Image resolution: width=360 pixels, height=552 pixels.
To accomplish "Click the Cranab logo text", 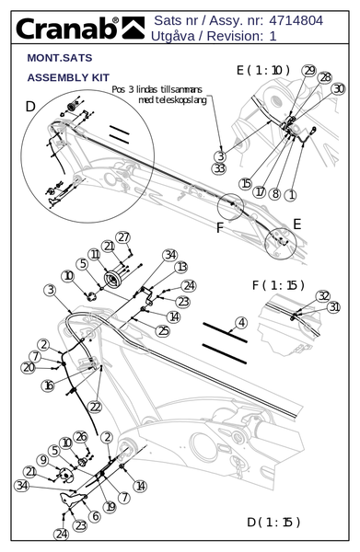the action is (67, 29).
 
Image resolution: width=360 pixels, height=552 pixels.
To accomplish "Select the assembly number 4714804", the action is (296, 20).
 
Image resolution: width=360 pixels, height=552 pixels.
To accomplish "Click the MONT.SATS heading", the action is (60, 58).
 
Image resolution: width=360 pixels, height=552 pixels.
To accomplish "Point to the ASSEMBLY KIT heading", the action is (68, 77).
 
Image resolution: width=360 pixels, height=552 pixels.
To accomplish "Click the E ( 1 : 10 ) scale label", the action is (263, 70).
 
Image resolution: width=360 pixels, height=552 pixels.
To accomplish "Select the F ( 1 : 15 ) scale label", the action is (278, 285).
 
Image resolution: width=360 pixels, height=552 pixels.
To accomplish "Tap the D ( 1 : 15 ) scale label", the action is (273, 522).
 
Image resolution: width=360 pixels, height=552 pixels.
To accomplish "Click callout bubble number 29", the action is (309, 71).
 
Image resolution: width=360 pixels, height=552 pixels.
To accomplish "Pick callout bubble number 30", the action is (338, 88).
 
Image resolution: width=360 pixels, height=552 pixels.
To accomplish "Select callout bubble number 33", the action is (219, 168).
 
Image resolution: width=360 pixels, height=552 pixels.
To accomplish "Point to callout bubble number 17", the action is (260, 192).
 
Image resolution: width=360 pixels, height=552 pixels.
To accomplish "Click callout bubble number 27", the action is (123, 237).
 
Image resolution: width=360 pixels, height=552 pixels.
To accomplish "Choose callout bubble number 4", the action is (241, 323).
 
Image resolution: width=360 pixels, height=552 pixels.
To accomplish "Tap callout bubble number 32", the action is (322, 296).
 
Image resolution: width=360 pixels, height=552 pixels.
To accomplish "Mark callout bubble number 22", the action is (95, 407).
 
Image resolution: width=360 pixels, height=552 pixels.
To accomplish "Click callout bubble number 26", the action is (81, 437).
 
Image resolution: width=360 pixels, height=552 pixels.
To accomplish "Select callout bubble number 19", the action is (110, 507).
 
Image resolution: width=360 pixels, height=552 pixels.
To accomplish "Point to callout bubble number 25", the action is (163, 331).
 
